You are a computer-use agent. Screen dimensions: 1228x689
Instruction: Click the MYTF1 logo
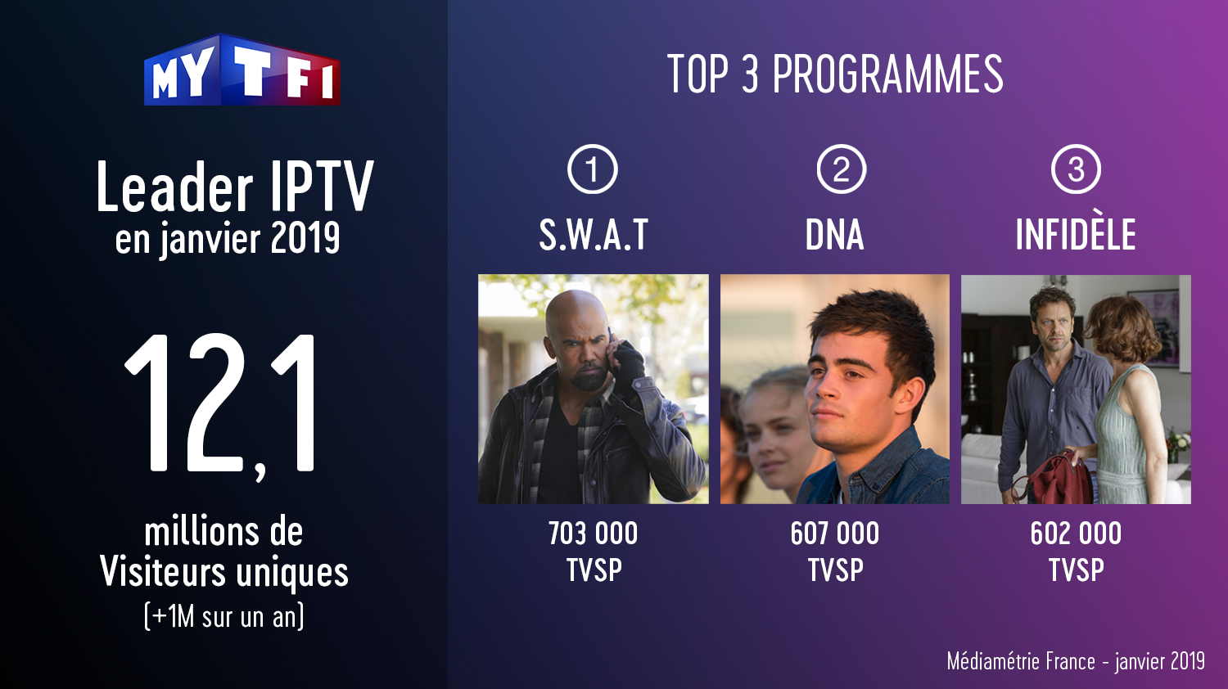click(242, 70)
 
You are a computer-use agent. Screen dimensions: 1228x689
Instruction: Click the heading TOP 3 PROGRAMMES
click(835, 74)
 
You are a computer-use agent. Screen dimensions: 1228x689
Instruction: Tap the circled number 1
click(592, 169)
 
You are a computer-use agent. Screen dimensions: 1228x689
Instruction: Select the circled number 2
click(841, 169)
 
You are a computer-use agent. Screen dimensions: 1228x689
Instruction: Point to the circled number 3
click(1076, 169)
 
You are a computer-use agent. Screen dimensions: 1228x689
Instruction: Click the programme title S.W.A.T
click(594, 235)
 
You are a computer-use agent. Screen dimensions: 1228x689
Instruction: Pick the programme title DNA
click(834, 235)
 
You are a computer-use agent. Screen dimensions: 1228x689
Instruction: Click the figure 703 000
click(594, 534)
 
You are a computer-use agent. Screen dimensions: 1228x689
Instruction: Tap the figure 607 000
click(834, 534)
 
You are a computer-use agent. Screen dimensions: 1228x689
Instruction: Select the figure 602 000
click(1076, 534)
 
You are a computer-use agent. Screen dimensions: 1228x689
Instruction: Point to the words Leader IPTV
click(235, 187)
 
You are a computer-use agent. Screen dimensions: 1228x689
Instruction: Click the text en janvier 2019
click(228, 238)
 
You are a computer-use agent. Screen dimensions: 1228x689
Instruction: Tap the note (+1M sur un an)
click(223, 617)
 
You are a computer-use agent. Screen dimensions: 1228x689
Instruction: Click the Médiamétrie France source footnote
click(1076, 662)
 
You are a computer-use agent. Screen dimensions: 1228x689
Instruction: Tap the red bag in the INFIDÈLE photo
click(1055, 480)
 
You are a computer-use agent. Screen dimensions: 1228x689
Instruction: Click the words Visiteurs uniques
click(223, 572)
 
